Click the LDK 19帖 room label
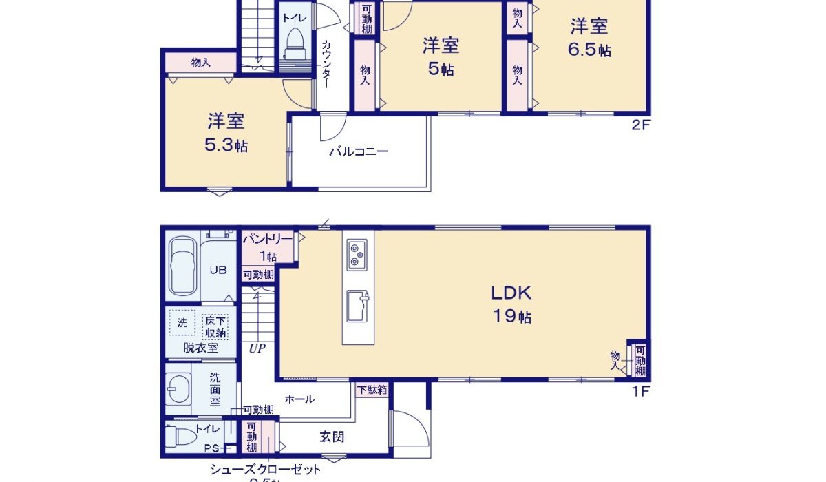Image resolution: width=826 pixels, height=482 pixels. pos(511,304)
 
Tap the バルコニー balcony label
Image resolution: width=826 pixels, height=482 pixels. pos(358,151)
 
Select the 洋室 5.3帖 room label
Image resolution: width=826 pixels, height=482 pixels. pos(226,133)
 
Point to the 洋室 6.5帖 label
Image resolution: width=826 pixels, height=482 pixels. pos(589,38)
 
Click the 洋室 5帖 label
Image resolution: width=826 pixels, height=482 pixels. pos(440,57)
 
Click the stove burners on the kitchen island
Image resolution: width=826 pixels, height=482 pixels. pos(358,253)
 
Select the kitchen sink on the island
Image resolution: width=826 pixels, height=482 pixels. pos(357,305)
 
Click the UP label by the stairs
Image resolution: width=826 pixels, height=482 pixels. pos(257,348)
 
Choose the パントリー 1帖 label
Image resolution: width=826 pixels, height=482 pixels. pos(266,247)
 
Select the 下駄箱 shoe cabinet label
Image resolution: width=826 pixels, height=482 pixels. pos(372,390)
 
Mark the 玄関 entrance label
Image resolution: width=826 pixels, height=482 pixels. pos(331,436)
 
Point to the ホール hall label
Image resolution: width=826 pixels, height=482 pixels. pos(299,399)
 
